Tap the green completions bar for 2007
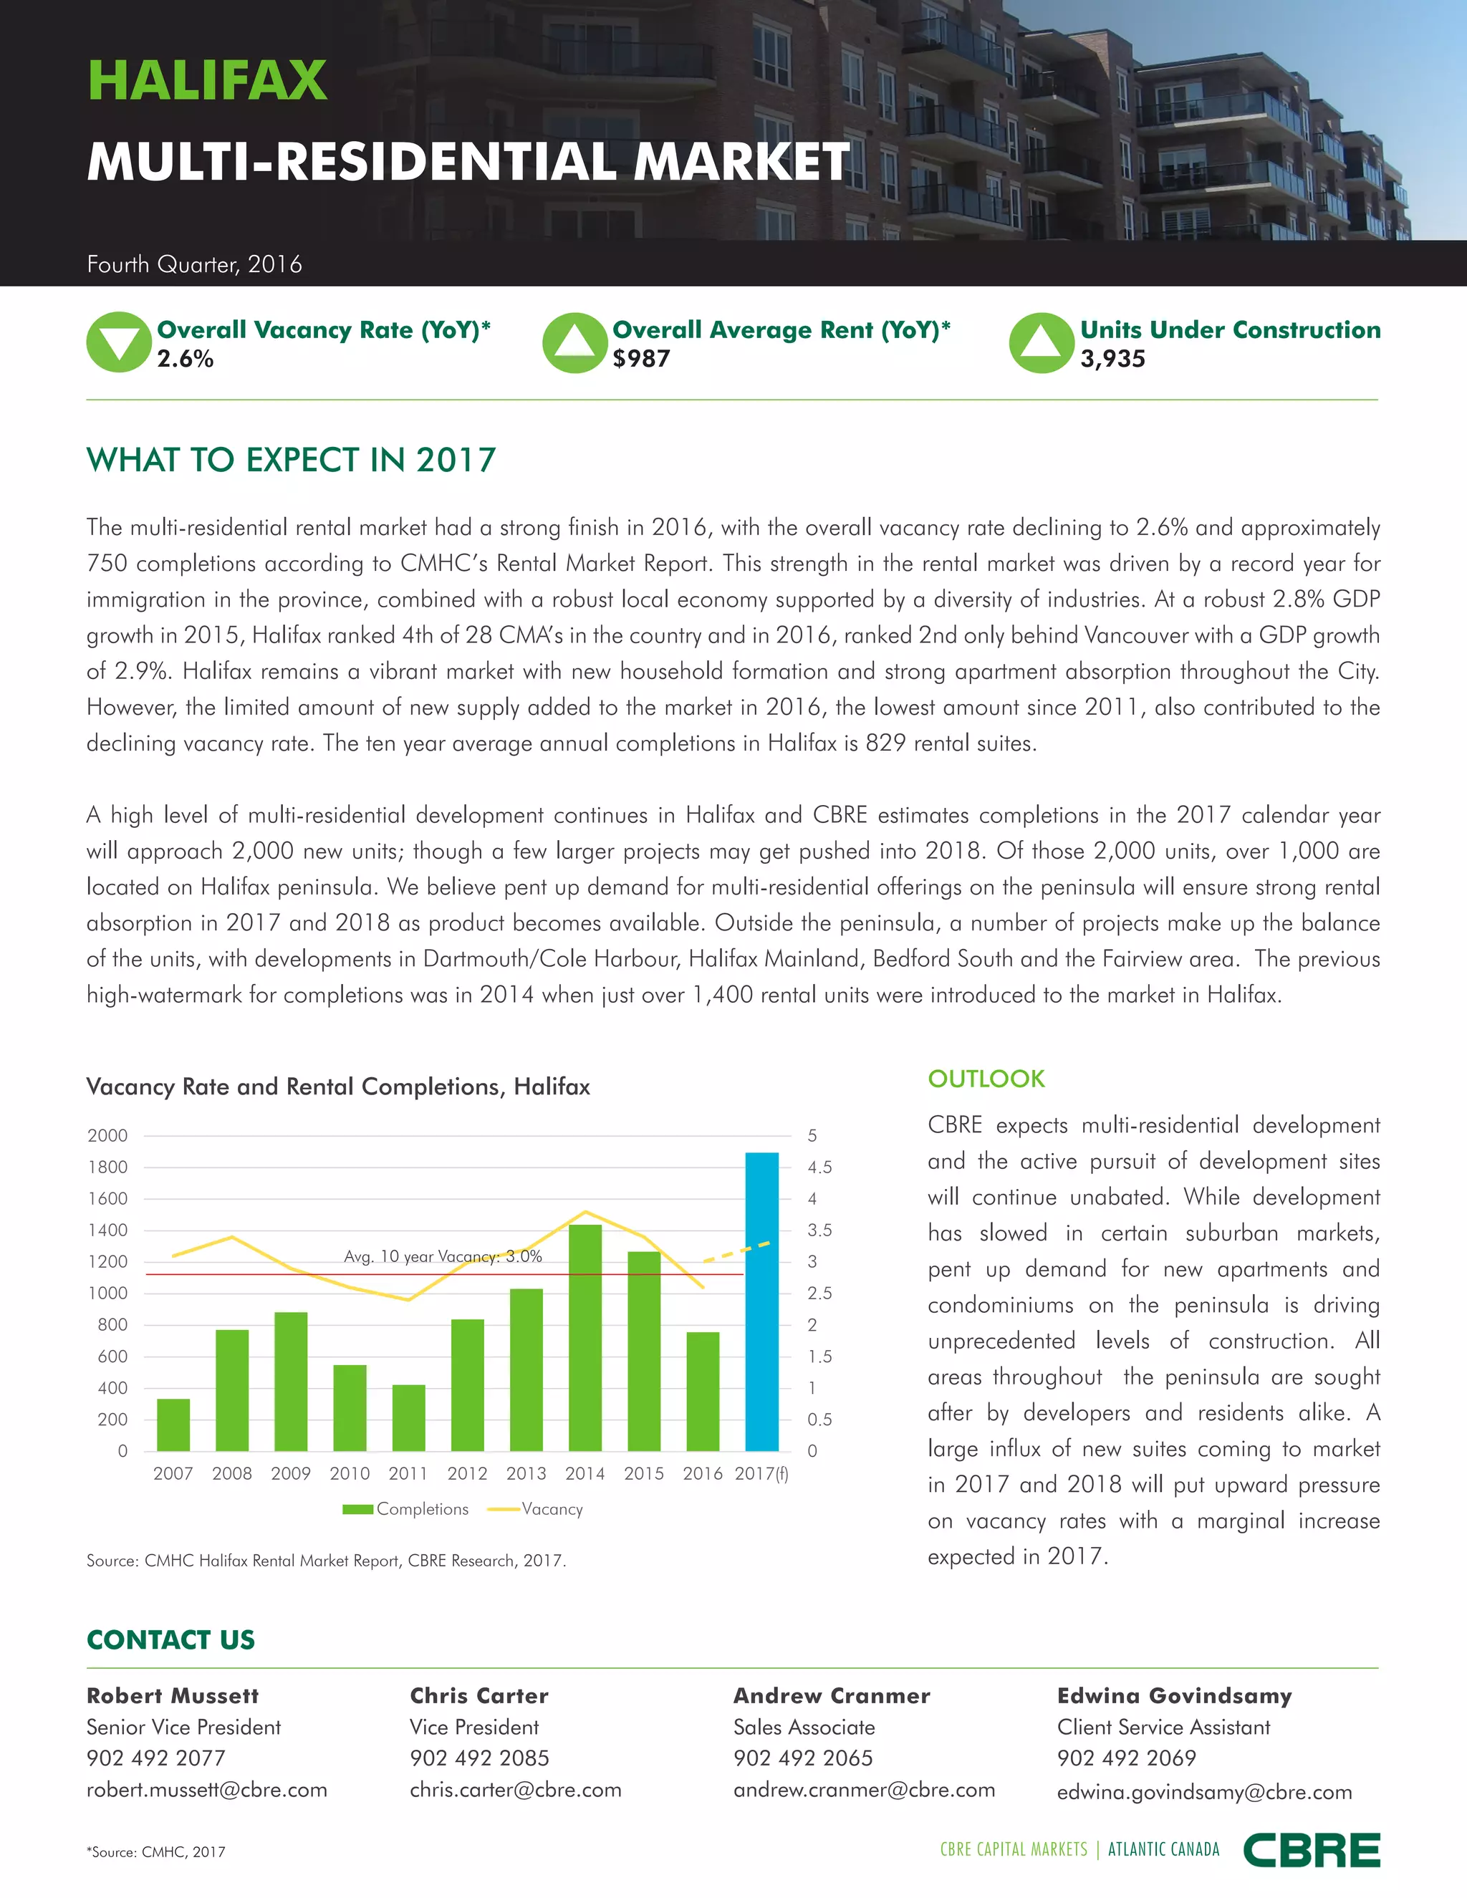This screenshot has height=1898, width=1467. coord(173,1425)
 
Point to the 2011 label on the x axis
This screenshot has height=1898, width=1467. coord(408,1473)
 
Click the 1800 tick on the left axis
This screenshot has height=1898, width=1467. coord(107,1167)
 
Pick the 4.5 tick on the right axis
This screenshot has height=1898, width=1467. coord(819,1167)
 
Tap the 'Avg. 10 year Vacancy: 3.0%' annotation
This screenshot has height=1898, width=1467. coord(443,1257)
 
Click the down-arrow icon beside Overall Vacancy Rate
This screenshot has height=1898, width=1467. coord(119,342)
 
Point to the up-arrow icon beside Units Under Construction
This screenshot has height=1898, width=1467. coord(1041,342)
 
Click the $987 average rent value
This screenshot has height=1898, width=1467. coord(641,359)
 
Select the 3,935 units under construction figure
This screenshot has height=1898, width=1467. coord(1112,359)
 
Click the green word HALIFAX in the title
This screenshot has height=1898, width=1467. coord(208,81)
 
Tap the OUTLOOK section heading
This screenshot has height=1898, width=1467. coord(986,1079)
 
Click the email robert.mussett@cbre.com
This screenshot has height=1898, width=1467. coord(207,1789)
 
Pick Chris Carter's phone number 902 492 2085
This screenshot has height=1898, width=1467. coord(480,1758)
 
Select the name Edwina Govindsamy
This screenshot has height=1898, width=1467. coord(1174,1695)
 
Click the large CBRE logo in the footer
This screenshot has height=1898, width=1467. coord(1312,1850)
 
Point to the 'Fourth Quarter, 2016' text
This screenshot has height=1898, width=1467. coord(195,264)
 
